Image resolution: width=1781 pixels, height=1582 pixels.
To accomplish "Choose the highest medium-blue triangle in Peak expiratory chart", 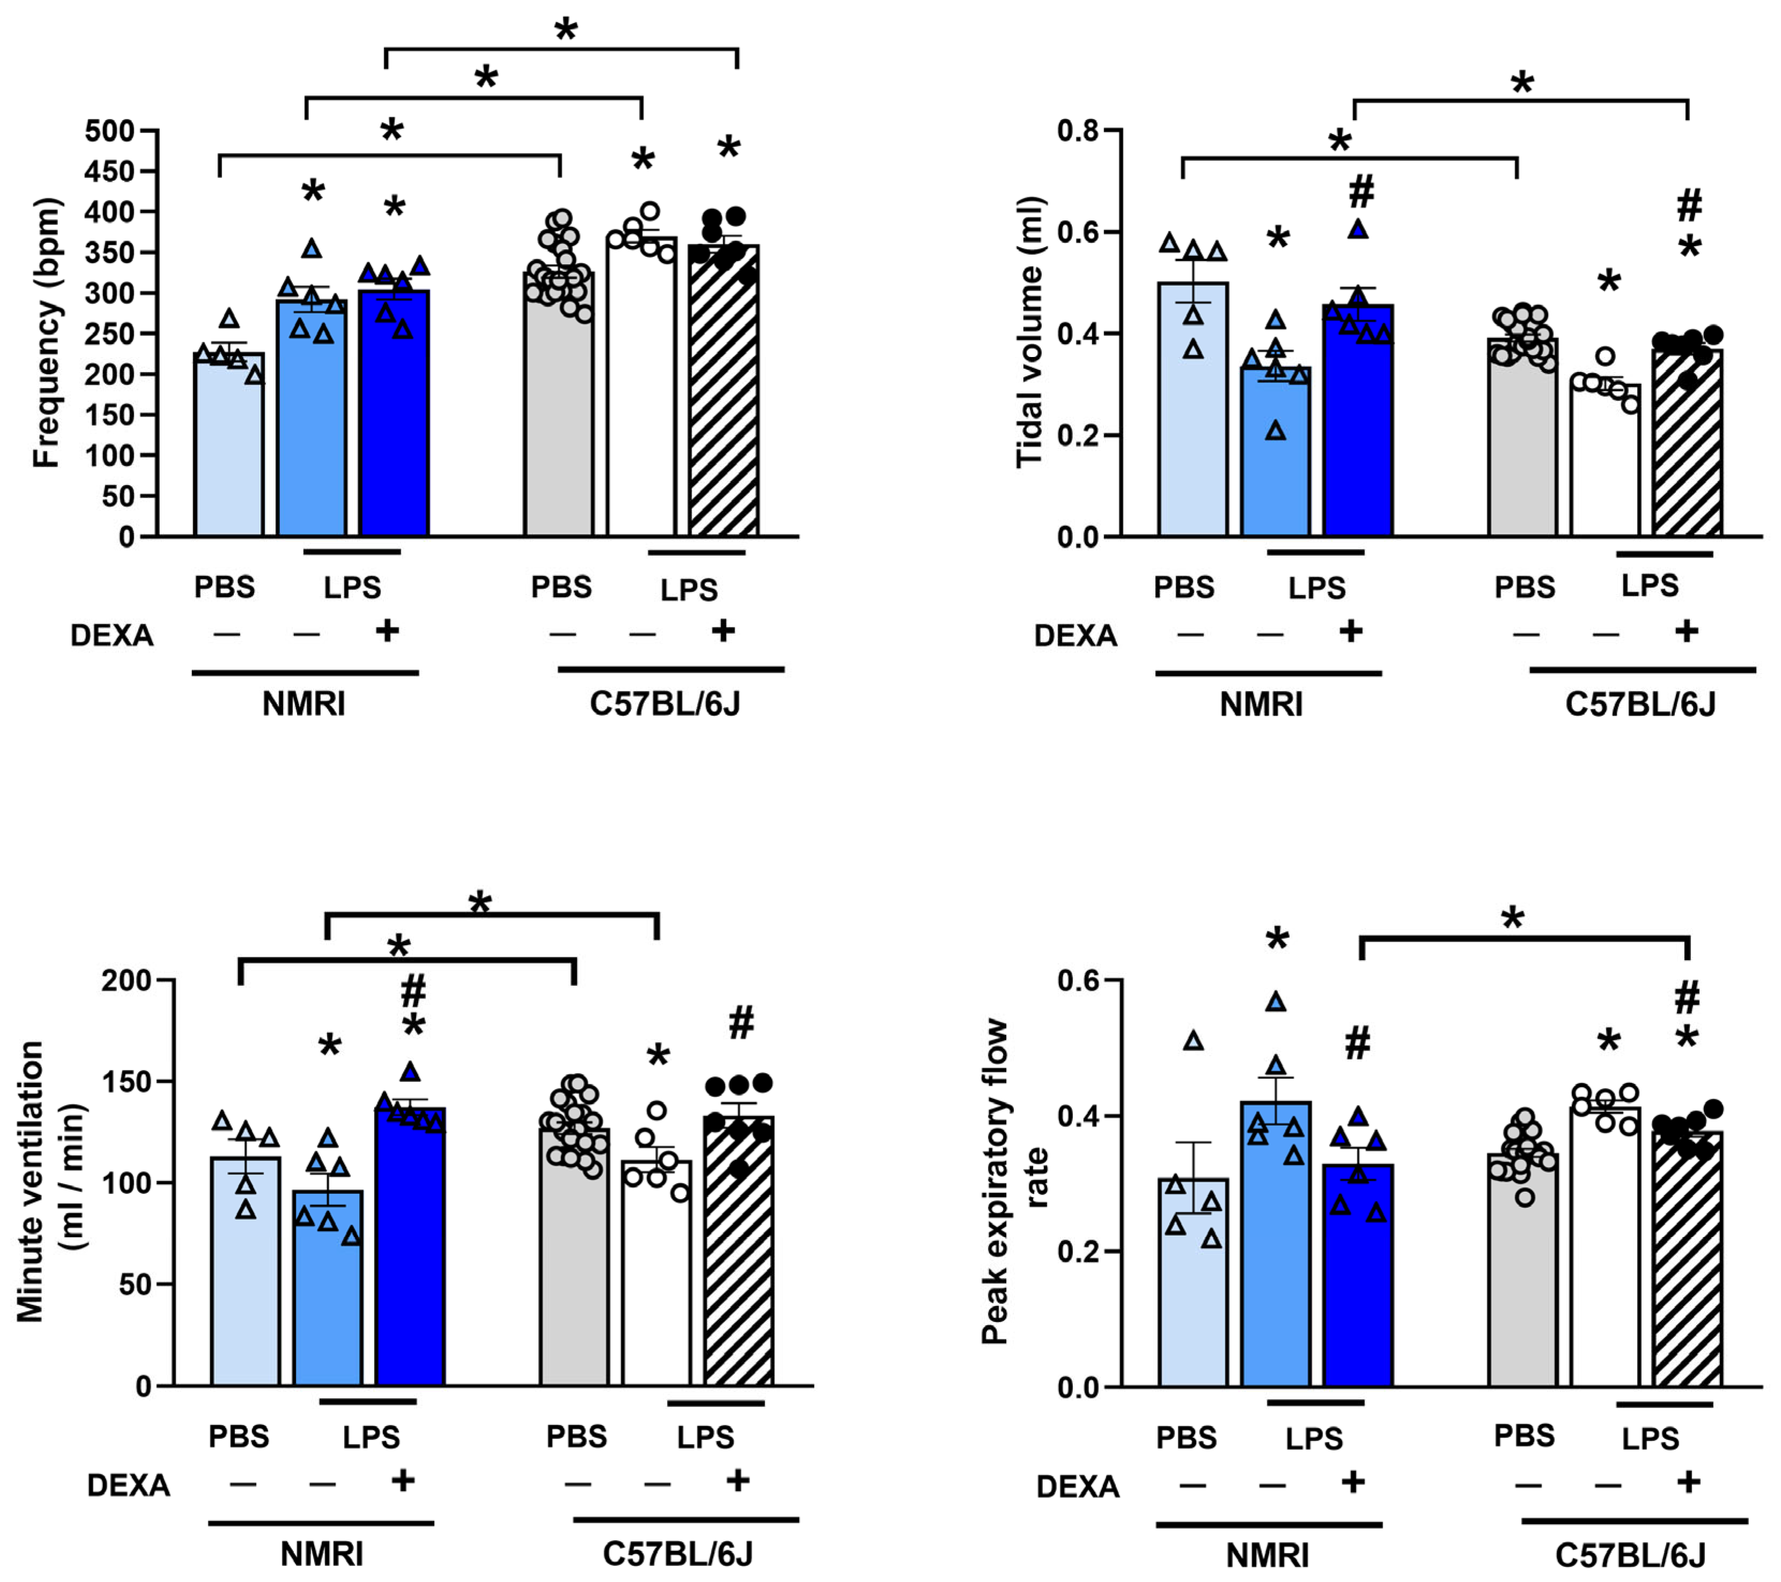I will (x=1275, y=1002).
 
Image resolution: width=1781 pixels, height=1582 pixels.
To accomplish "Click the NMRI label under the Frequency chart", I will (x=304, y=704).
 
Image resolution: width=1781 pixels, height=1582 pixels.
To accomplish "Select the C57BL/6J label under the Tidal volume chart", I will (x=1640, y=704).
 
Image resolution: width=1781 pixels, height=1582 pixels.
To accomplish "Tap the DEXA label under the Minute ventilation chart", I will (x=128, y=1486).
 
